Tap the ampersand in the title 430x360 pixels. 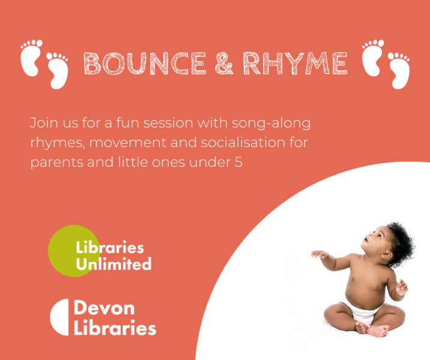[224, 63]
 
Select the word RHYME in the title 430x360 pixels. [295, 63]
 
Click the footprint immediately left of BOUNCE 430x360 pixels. [57, 71]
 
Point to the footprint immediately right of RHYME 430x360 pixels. [372, 58]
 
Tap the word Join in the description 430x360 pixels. [44, 122]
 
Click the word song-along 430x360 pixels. [271, 124]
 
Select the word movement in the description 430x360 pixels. [127, 143]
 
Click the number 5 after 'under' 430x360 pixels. [238, 162]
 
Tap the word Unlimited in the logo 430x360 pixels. [114, 263]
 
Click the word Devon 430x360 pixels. [104, 308]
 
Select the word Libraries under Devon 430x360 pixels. [115, 328]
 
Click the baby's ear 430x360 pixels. [387, 256]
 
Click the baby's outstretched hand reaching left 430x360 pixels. [319, 254]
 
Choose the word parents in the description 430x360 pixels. [56, 163]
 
